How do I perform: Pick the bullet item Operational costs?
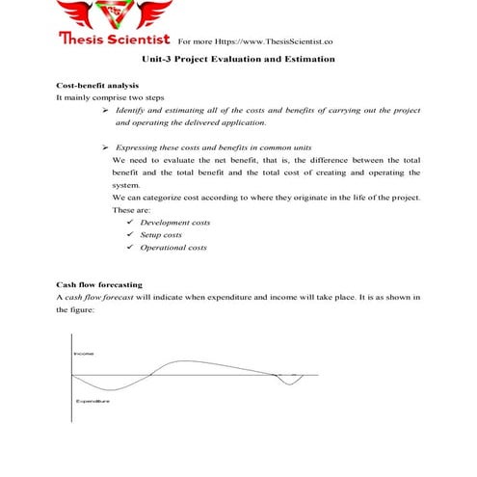[x=173, y=248]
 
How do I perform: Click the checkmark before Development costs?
[x=130, y=223]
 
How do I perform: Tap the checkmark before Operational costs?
[x=130, y=248]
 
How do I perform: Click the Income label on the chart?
[x=84, y=354]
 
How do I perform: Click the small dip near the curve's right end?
[x=287, y=384]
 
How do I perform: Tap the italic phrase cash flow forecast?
[x=101, y=298]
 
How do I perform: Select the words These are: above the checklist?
[x=128, y=209]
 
